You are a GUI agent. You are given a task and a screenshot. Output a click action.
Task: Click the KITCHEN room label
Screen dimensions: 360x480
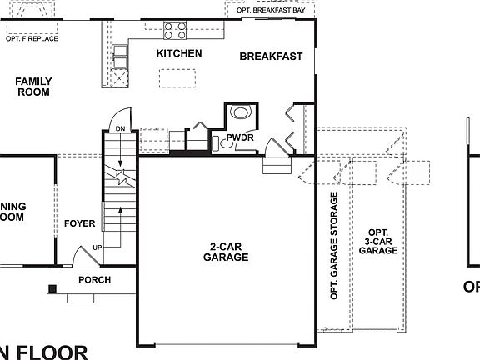point(179,54)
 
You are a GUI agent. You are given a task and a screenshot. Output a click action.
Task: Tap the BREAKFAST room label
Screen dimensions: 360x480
point(271,57)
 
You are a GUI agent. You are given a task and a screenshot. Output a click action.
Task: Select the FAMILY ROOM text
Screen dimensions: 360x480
point(33,87)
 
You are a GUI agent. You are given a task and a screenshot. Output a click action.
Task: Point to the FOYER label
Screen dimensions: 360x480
point(80,223)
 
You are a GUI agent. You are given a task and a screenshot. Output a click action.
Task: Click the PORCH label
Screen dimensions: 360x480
point(94,280)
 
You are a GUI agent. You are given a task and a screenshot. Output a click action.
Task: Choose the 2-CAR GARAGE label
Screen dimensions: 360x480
point(226,252)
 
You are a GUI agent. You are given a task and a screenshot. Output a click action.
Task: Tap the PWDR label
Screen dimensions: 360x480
point(240,138)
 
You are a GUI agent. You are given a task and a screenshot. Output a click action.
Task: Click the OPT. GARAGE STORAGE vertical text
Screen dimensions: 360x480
point(334,246)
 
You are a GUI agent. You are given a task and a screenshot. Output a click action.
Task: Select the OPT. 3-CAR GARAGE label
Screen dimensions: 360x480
point(378,241)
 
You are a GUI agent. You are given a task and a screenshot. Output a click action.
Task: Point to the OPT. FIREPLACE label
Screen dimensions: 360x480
point(32,38)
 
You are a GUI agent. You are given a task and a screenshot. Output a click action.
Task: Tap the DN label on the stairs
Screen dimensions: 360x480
point(120,128)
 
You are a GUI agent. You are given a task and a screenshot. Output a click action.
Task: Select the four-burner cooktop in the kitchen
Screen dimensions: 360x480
point(175,31)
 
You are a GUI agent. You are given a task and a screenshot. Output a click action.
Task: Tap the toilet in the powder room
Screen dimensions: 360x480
point(241,112)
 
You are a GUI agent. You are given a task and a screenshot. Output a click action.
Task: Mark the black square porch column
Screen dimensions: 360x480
point(53,289)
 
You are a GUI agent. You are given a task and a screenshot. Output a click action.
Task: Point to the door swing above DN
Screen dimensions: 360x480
point(121,115)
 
